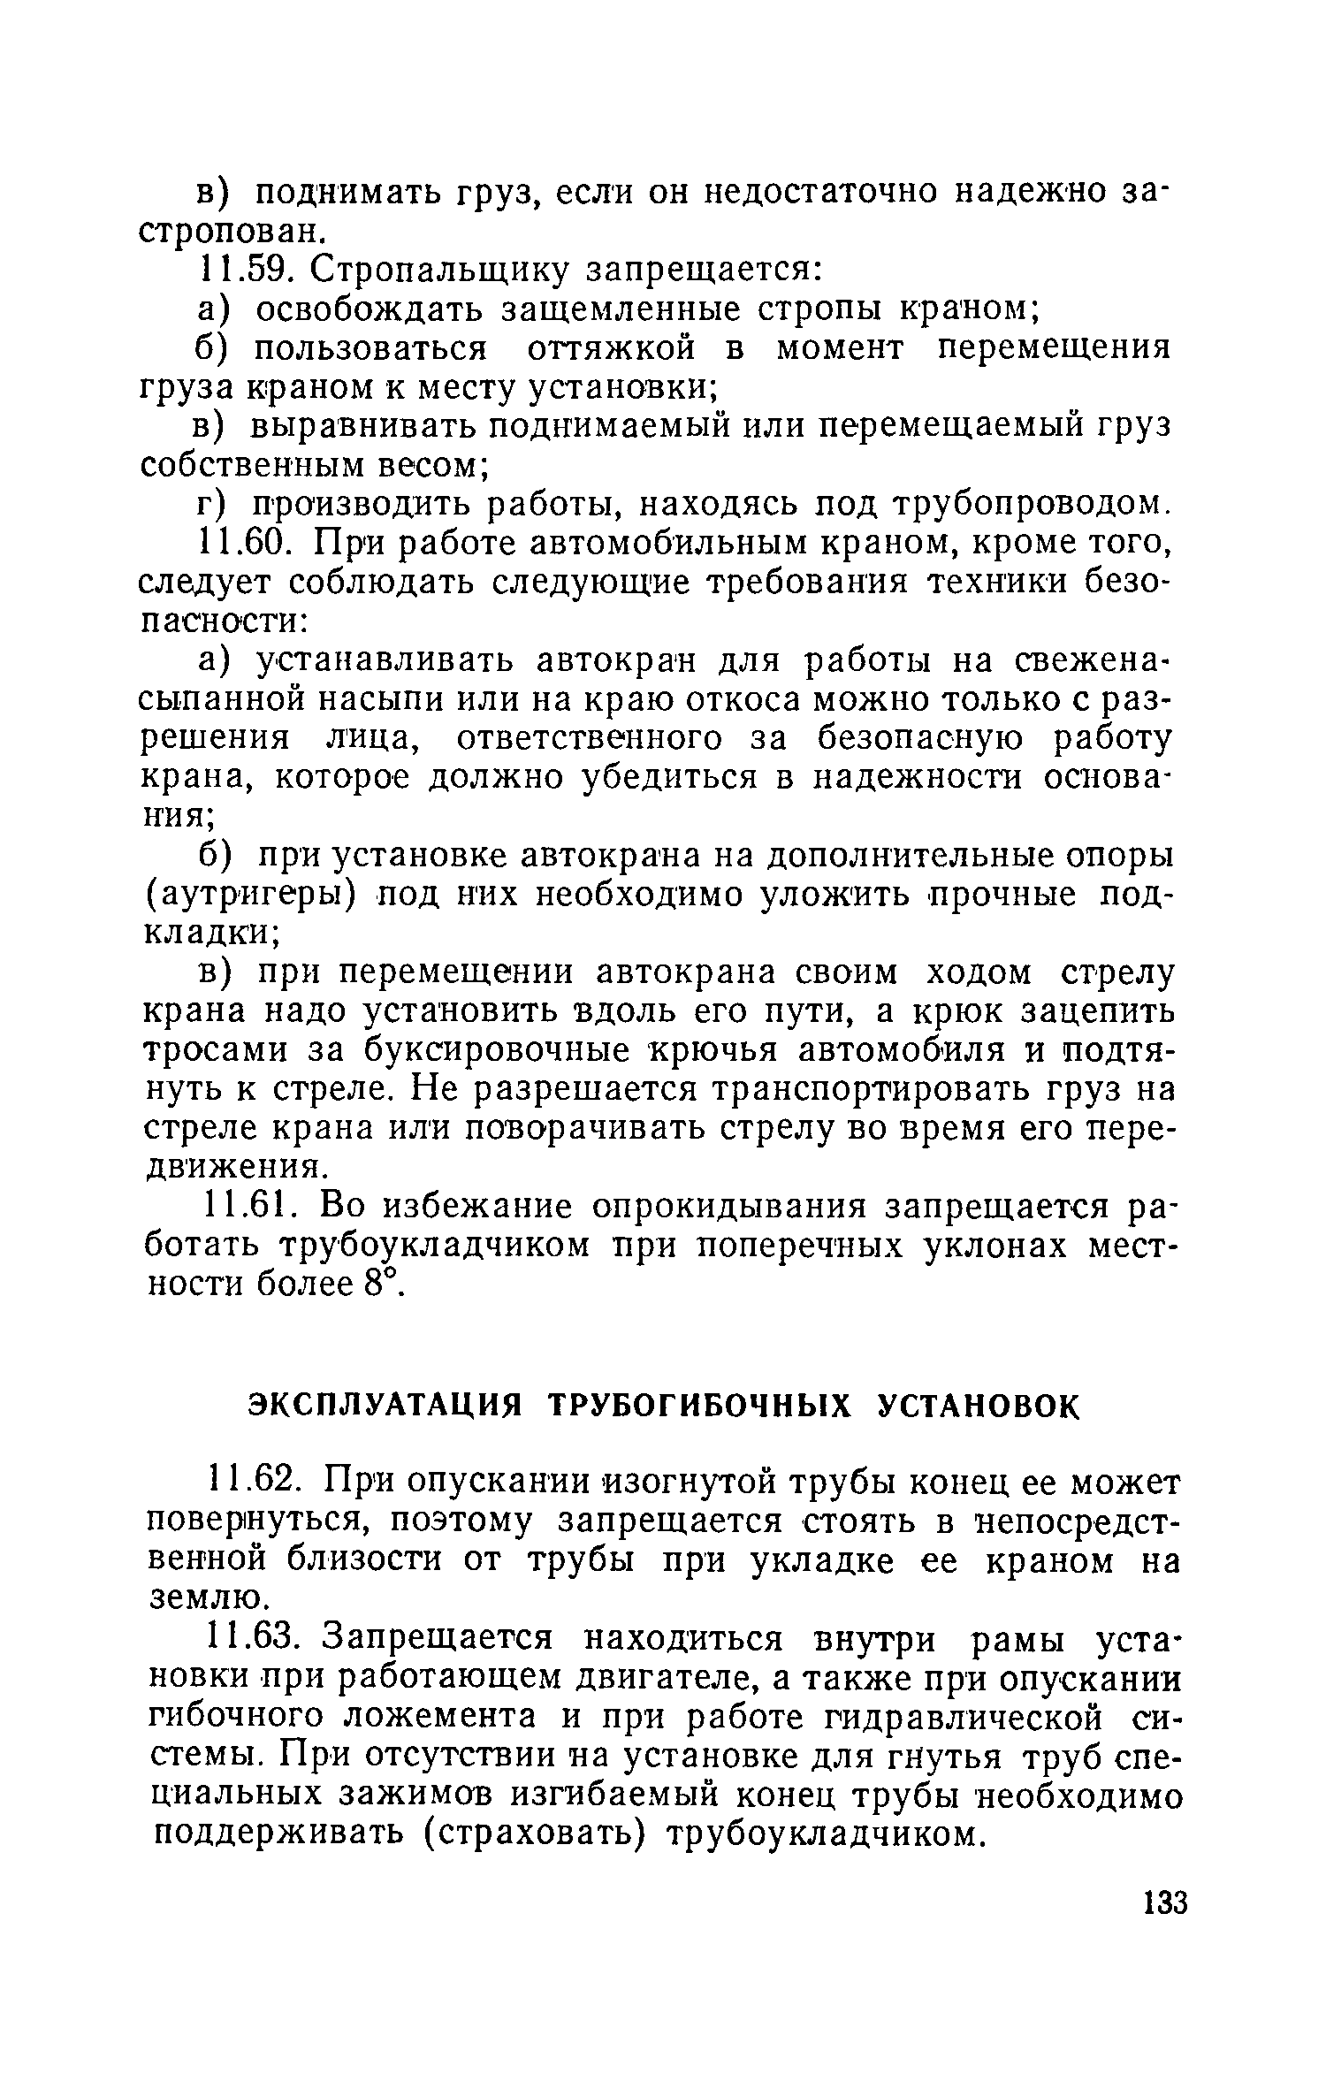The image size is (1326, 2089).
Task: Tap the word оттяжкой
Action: [614, 348]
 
